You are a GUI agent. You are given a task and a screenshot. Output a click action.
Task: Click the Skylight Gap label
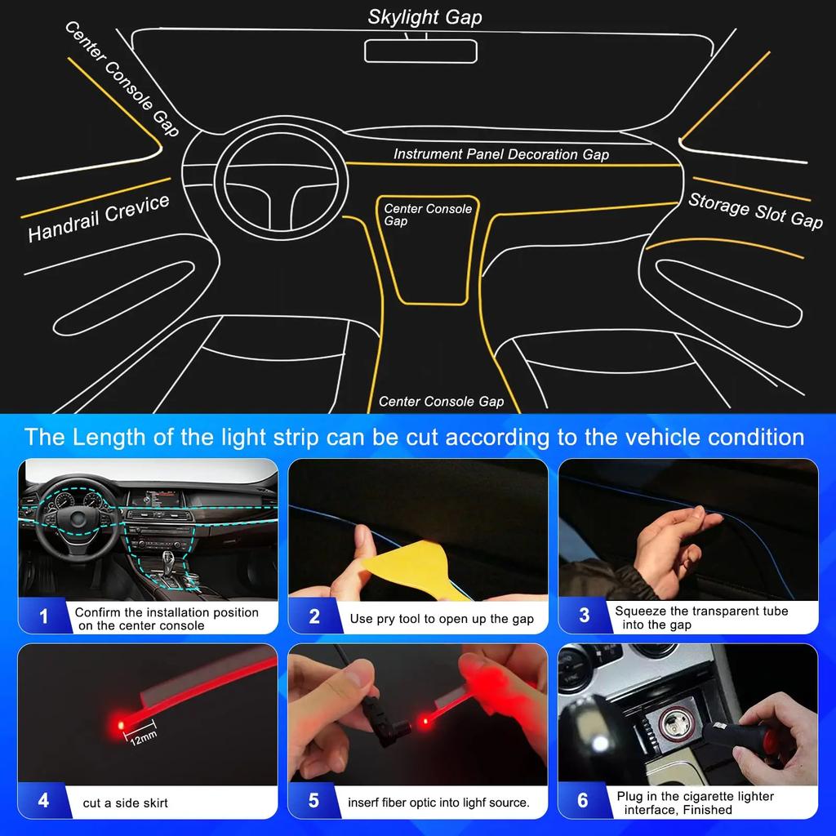[x=425, y=17]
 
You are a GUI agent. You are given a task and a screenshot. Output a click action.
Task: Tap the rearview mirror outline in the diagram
[x=420, y=51]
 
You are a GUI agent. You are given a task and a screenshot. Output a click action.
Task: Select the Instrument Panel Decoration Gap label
[x=500, y=153]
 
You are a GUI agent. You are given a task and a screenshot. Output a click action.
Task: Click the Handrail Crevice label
[x=99, y=219]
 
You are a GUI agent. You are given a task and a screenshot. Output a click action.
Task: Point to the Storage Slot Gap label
[x=755, y=211]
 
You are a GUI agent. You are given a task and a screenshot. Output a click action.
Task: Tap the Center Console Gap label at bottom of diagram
[x=441, y=401]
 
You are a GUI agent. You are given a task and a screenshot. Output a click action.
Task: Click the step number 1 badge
[x=43, y=617]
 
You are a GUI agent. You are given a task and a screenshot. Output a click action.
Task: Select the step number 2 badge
[x=313, y=617]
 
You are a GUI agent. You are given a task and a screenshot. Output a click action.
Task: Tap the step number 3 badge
[x=584, y=616]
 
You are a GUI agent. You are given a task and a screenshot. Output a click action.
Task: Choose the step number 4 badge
[x=43, y=800]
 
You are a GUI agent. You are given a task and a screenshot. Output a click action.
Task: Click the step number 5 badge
[x=313, y=800]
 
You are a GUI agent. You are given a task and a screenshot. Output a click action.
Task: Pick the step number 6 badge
[x=583, y=800]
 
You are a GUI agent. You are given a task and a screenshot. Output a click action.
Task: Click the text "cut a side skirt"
[x=125, y=803]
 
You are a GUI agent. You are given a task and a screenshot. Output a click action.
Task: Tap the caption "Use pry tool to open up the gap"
[x=442, y=619]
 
